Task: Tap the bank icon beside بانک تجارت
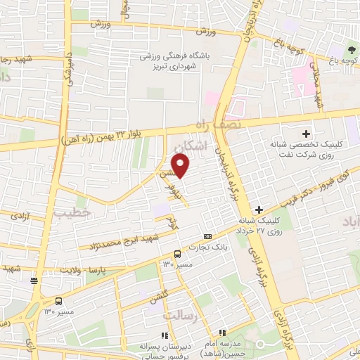coord(207,237)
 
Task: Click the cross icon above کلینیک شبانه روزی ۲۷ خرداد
coord(259,210)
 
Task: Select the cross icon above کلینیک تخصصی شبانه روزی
coord(307,133)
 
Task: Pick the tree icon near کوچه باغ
coord(350,51)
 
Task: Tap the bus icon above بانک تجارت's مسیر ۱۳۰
coord(176,253)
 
